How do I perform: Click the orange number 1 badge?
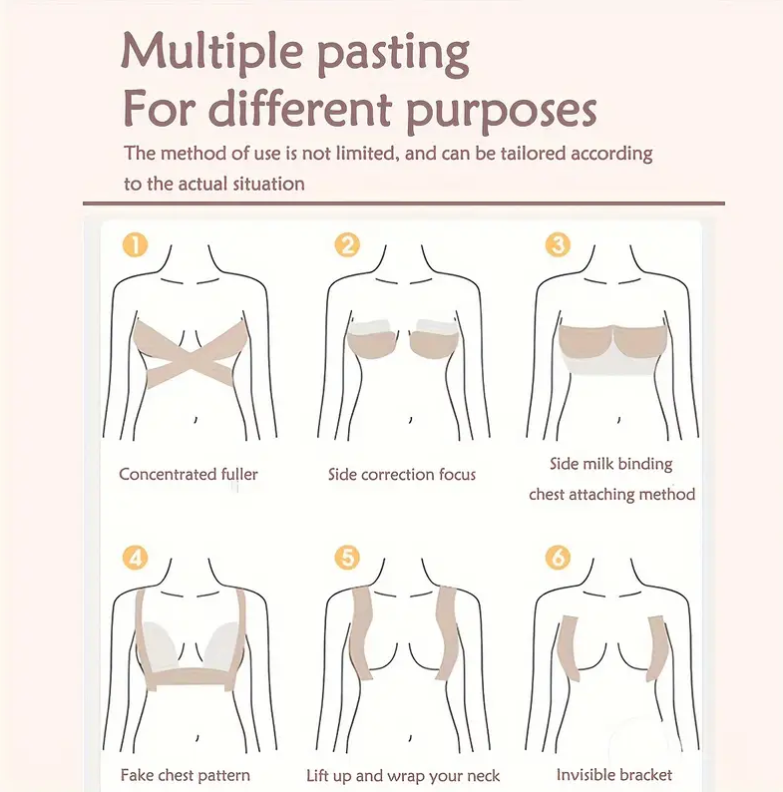pyautogui.click(x=136, y=245)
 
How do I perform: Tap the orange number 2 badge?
pyautogui.click(x=347, y=245)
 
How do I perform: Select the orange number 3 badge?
pyautogui.click(x=558, y=245)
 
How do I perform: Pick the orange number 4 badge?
pyautogui.click(x=136, y=558)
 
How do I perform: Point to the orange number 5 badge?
pyautogui.click(x=347, y=558)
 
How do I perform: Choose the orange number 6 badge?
pyautogui.click(x=558, y=558)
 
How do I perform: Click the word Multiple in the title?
pyautogui.click(x=212, y=51)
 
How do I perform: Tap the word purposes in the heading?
pyautogui.click(x=502, y=111)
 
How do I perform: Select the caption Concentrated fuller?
pyautogui.click(x=189, y=474)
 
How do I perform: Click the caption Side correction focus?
pyautogui.click(x=402, y=474)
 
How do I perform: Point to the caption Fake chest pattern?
pyautogui.click(x=186, y=775)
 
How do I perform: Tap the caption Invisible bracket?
pyautogui.click(x=614, y=775)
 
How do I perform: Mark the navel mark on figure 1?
pyautogui.click(x=196, y=419)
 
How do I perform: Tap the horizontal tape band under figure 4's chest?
pyautogui.click(x=191, y=678)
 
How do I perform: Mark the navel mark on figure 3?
pyautogui.click(x=618, y=419)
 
